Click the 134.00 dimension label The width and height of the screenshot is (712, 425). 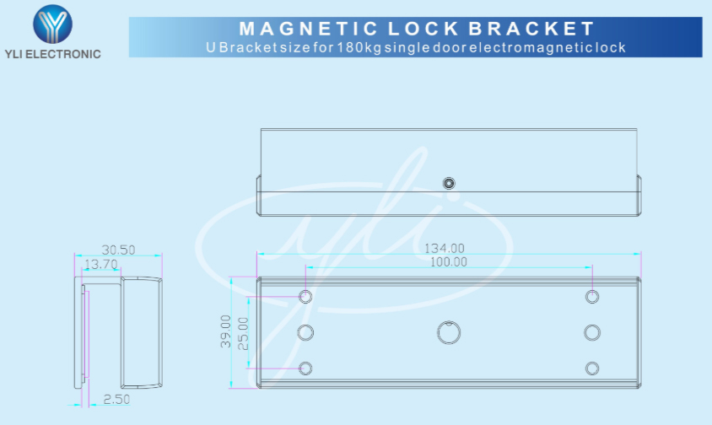tap(444, 249)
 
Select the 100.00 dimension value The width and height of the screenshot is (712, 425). tap(449, 262)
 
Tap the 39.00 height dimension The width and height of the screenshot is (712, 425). tap(226, 331)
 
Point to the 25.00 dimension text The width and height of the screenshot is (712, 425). tap(244, 334)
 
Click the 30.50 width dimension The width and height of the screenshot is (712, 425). tap(118, 250)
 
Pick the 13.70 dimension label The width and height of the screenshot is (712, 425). tap(100, 264)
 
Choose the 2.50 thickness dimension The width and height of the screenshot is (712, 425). tap(116, 399)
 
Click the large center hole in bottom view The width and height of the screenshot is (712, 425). tap(449, 332)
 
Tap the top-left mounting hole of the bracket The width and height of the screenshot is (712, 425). tap(305, 297)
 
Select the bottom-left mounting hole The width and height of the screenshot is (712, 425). tap(305, 369)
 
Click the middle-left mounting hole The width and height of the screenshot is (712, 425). tap(305, 332)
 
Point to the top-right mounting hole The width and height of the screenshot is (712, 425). tap(592, 297)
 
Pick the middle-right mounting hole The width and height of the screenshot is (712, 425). tap(592, 332)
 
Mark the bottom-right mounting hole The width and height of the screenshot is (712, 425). tap(592, 369)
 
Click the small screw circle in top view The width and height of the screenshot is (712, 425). tap(449, 183)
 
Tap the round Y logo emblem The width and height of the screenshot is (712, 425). tap(52, 24)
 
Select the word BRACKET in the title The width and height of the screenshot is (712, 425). tap(531, 29)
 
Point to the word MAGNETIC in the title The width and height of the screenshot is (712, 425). tap(308, 29)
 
